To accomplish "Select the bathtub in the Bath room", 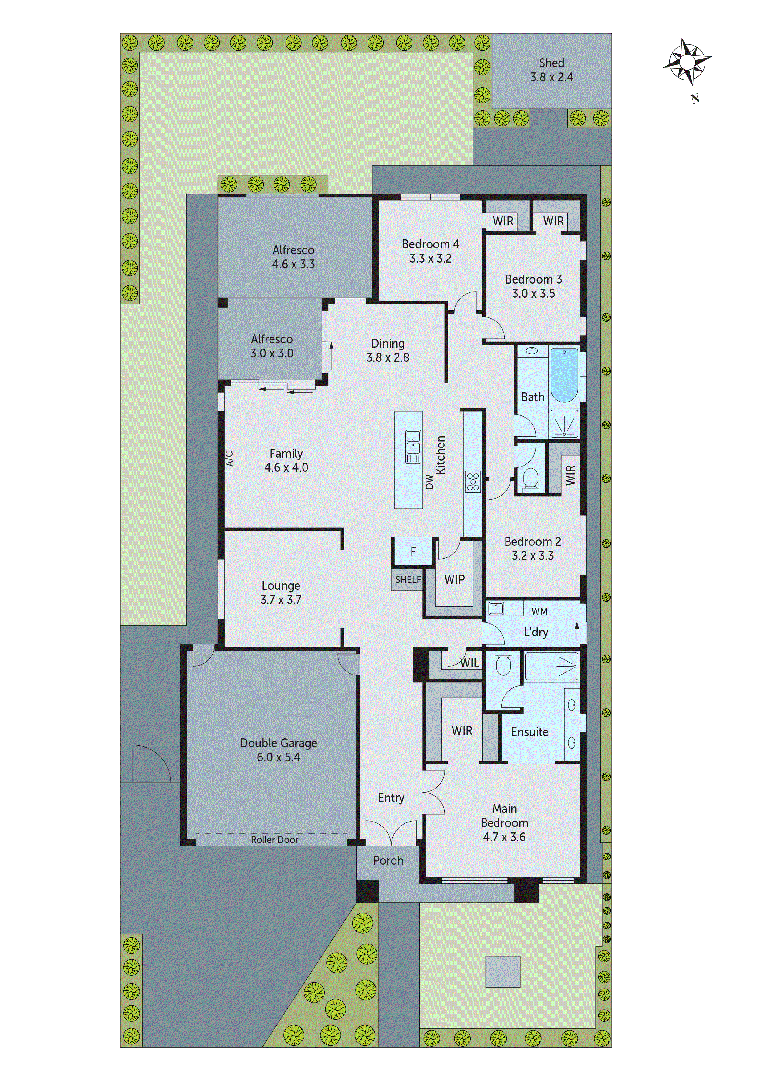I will (x=564, y=375).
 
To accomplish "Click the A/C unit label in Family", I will (x=229, y=459).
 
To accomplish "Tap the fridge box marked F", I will (x=413, y=551).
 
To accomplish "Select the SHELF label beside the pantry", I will (x=408, y=580).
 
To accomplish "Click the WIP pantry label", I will (x=454, y=580).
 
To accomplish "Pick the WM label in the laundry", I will (x=539, y=612).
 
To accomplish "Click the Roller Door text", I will (x=274, y=839).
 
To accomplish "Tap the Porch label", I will (x=388, y=860).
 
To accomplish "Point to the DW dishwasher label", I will (x=429, y=482).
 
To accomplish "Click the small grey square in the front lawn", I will (x=503, y=971).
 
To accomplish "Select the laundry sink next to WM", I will (x=496, y=608).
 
